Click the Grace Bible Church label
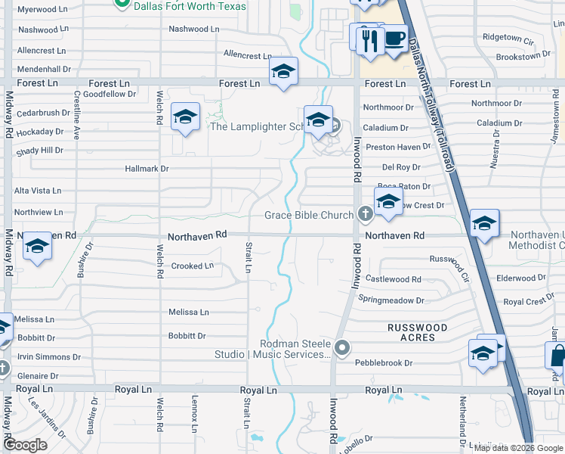pyautogui.click(x=309, y=216)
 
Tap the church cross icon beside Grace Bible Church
pyautogui.click(x=365, y=215)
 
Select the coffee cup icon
pyautogui.click(x=394, y=38)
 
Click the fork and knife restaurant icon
pyautogui.click(x=369, y=39)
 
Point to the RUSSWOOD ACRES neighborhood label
pyautogui.click(x=417, y=332)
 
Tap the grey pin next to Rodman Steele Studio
pyautogui.click(x=343, y=348)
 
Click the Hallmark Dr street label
pyautogui.click(x=147, y=169)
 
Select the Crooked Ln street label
pyautogui.click(x=192, y=266)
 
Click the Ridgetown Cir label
pyautogui.click(x=502, y=37)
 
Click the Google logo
pyautogui.click(x=26, y=445)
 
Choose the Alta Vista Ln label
pyautogui.click(x=38, y=191)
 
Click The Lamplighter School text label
pyautogui.click(x=257, y=126)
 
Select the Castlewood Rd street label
pyautogui.click(x=394, y=279)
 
